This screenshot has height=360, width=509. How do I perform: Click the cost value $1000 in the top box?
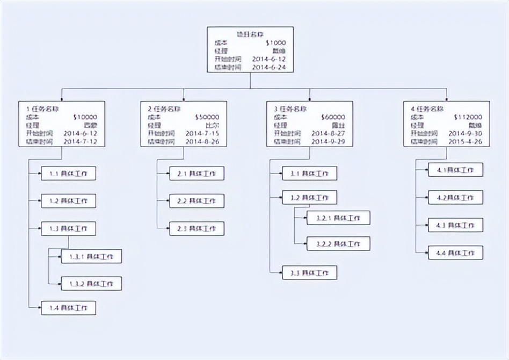(275, 43)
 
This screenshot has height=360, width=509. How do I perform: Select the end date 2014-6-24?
(268, 68)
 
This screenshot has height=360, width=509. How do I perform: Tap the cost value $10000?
(84, 117)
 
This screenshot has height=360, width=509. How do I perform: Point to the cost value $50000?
(207, 117)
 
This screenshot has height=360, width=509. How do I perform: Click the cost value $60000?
(333, 117)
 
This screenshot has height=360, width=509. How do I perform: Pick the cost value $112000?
(468, 117)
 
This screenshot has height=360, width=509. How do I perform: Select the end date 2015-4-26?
(465, 142)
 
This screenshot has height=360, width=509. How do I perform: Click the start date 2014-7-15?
(202, 133)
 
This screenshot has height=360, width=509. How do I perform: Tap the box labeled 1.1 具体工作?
(69, 174)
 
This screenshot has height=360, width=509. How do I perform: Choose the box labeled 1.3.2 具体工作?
(91, 283)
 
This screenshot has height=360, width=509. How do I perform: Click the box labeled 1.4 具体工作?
(69, 308)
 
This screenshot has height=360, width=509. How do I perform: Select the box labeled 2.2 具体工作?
(197, 201)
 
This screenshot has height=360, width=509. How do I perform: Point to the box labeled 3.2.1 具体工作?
(338, 218)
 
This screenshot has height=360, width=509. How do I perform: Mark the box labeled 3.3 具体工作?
(310, 273)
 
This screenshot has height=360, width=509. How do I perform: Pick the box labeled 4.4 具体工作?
(455, 253)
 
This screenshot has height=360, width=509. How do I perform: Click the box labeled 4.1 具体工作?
(455, 170)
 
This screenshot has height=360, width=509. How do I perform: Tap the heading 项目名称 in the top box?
(250, 34)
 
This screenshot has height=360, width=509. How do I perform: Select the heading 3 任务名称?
(290, 108)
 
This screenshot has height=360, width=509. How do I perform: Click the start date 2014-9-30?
(465, 133)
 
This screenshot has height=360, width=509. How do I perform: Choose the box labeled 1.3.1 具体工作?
(91, 256)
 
